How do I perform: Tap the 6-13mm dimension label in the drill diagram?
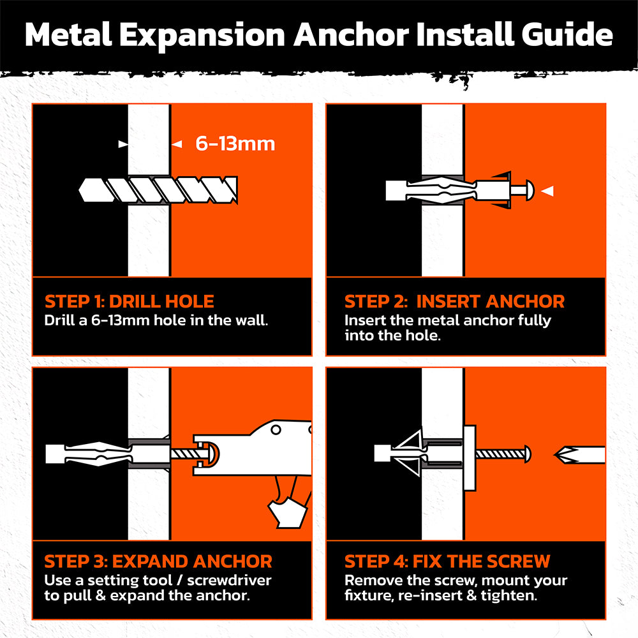235,144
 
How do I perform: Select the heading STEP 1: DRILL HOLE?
130,301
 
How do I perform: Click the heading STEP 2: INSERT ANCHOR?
454,301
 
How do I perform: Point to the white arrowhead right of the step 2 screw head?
547,190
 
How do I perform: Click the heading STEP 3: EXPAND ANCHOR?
158,561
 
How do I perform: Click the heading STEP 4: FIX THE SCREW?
447,561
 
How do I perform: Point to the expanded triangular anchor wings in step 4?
408,453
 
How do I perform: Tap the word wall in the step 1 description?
249,320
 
